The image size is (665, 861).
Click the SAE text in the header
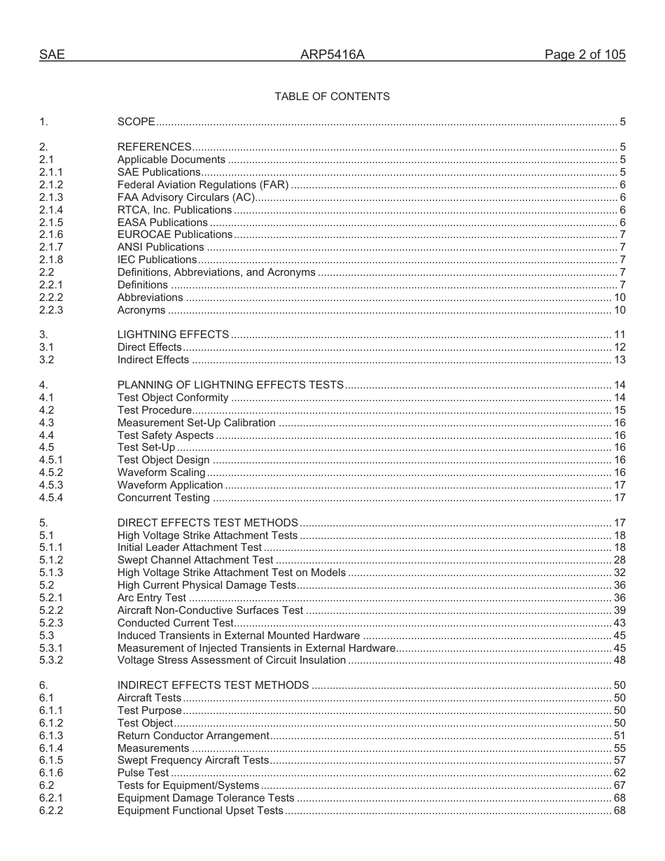click(52, 55)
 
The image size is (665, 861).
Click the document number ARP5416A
click(332, 55)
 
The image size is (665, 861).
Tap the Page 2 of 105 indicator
click(584, 55)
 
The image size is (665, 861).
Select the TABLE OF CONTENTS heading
click(332, 97)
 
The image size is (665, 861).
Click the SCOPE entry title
click(136, 122)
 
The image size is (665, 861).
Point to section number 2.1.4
click(51, 210)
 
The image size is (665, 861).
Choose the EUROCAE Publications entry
click(174, 234)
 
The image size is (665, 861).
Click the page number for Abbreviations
click(619, 297)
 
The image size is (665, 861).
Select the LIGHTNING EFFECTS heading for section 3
click(173, 335)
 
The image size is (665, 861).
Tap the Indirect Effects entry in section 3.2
click(153, 360)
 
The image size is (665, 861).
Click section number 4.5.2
click(51, 472)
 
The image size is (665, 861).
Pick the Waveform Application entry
click(170, 485)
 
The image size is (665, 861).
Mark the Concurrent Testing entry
click(163, 498)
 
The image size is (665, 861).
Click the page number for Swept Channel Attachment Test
click(619, 560)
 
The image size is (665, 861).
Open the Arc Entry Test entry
click(152, 598)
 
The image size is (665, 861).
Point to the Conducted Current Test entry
click(175, 623)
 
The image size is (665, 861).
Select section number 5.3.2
click(51, 660)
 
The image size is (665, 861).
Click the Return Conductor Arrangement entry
click(193, 736)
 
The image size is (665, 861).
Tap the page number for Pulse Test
click(619, 773)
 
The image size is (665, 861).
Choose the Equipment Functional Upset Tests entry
click(200, 811)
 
